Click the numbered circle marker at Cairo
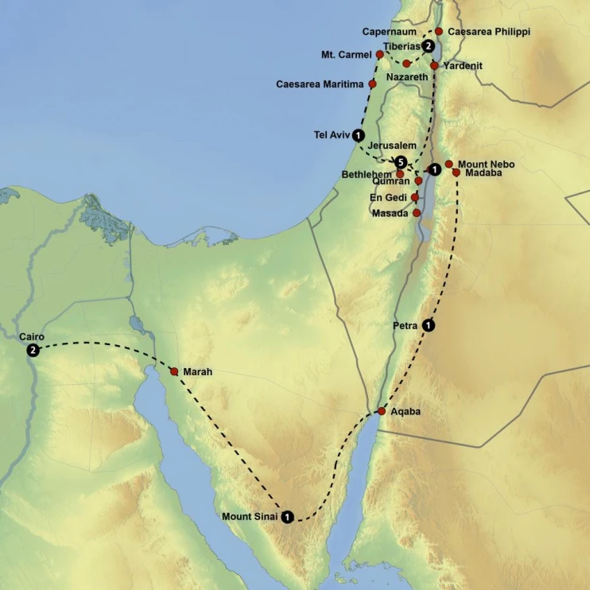point(33,351)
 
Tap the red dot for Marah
point(173,371)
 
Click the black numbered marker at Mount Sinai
point(287,517)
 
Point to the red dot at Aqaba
point(382,411)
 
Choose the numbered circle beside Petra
point(429,324)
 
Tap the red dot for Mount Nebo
point(448,164)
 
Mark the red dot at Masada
point(417,213)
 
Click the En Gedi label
point(389,197)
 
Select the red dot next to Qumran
point(418,181)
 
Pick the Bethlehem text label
point(367,174)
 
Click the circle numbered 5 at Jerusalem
point(401,162)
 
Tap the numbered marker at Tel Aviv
point(359,135)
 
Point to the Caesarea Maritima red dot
point(372,83)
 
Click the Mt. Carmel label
point(347,55)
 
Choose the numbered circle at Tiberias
point(428,46)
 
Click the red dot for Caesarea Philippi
point(439,32)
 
